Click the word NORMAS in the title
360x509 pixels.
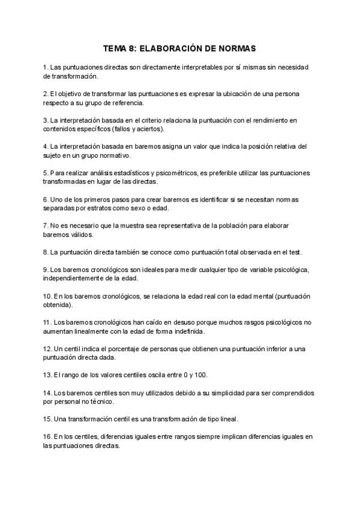234,49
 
